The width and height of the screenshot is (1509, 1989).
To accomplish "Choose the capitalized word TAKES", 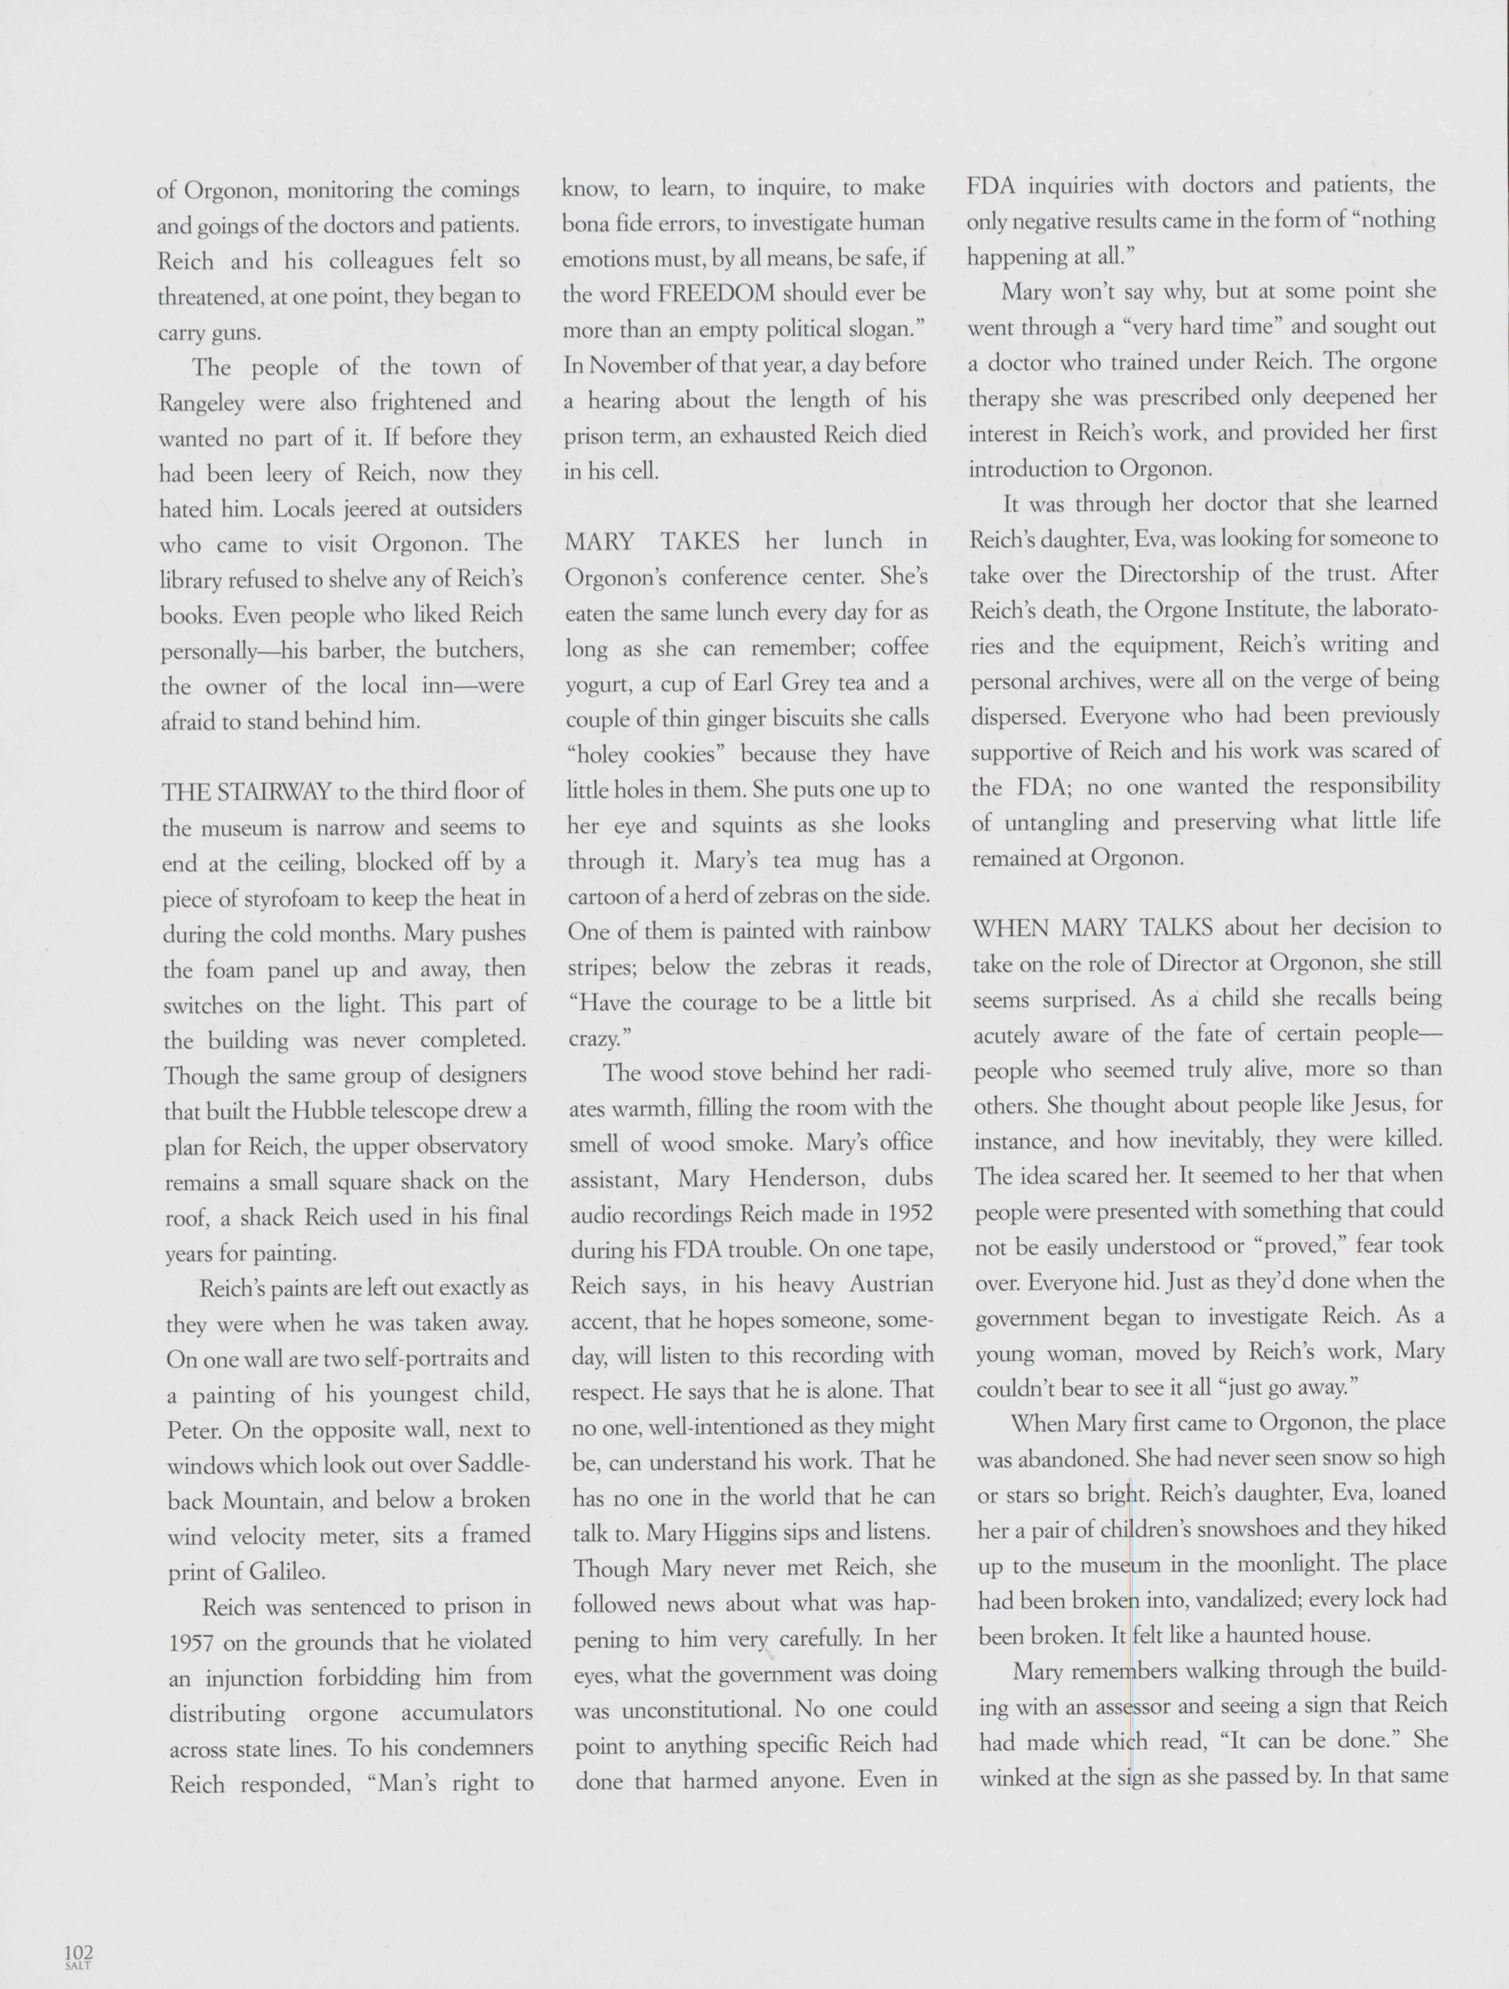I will (x=700, y=541).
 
